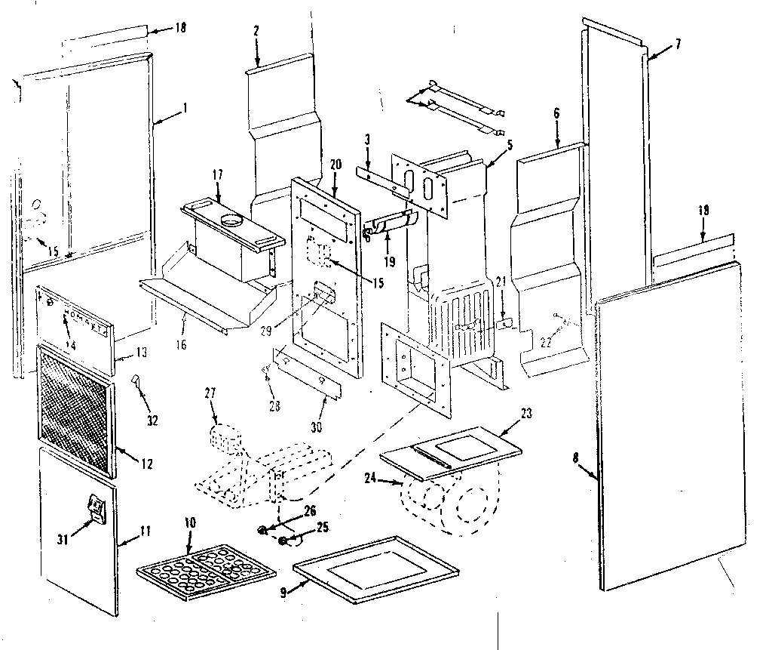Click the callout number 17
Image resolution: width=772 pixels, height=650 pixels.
coord(217,174)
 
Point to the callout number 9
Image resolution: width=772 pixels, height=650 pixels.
coord(283,593)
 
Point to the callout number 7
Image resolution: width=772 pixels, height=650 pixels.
coord(678,44)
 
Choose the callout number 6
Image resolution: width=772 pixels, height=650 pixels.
coord(556,112)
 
